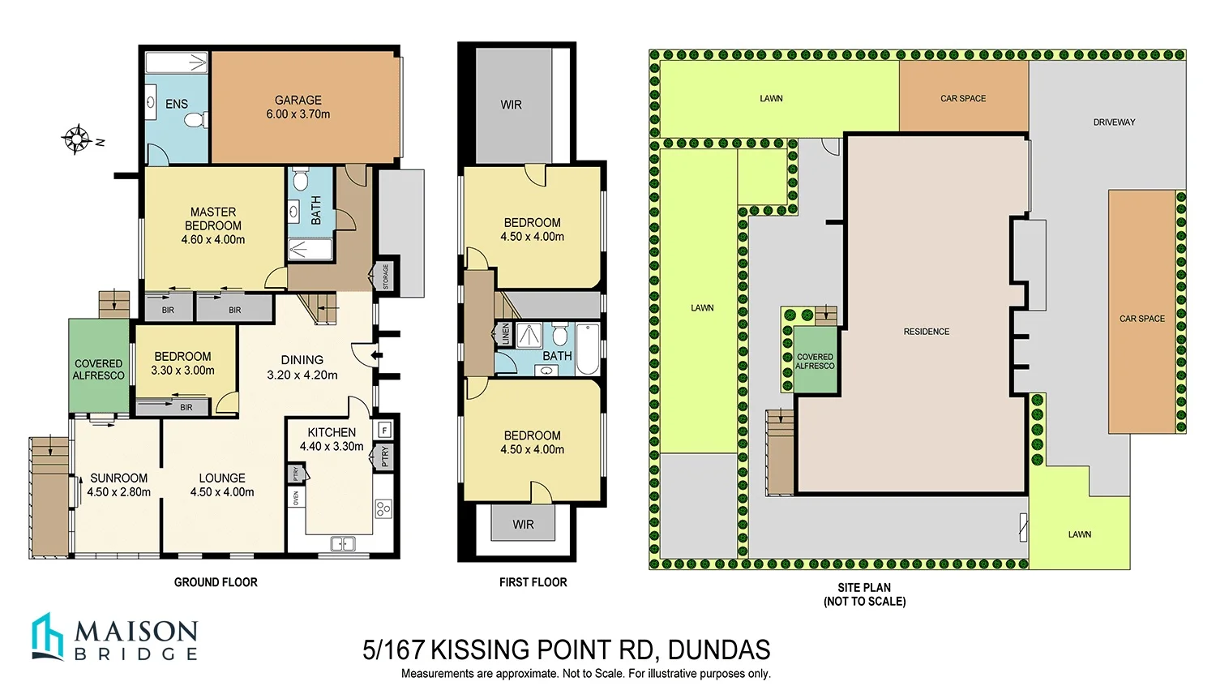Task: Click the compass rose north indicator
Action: (78, 139)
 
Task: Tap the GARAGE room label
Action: (298, 101)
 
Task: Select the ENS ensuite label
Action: (176, 105)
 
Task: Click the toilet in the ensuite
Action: (193, 120)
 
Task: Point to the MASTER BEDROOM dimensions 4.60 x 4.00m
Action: (213, 240)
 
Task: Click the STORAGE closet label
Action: (386, 277)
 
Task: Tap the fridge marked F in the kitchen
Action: (384, 429)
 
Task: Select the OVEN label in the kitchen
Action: (296, 497)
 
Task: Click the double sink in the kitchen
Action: (343, 544)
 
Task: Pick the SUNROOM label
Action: (118, 478)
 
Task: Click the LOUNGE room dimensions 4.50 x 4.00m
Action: (222, 492)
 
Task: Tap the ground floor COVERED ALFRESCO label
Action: (98, 370)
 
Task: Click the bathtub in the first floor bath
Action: (589, 349)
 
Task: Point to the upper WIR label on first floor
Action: (511, 105)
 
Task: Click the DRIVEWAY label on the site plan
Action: (1114, 122)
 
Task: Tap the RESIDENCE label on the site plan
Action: (926, 332)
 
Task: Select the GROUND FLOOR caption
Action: (216, 582)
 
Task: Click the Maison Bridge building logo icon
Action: (47, 637)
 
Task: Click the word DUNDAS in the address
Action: (718, 650)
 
